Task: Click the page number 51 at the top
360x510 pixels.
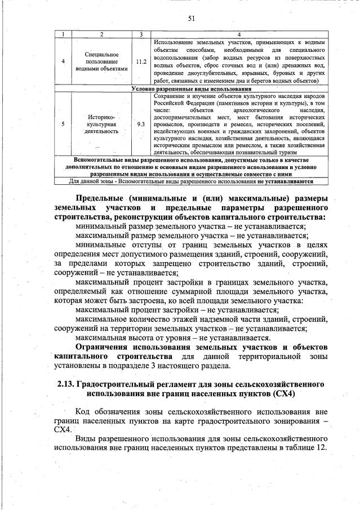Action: [191, 19]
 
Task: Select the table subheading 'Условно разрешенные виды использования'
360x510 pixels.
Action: [190, 88]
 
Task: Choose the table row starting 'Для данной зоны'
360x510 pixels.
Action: [190, 181]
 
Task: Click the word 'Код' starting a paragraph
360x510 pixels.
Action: [83, 412]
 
